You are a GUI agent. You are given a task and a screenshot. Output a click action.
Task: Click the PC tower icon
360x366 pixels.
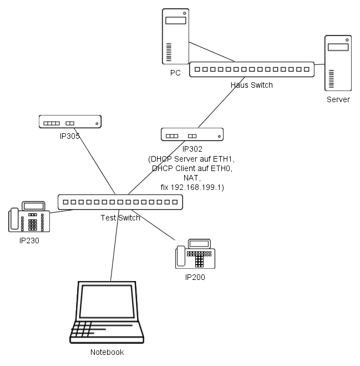(x=175, y=36)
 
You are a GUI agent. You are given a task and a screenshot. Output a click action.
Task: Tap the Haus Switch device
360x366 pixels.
(x=252, y=69)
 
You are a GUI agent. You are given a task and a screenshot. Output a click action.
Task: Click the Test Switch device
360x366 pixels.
(x=120, y=202)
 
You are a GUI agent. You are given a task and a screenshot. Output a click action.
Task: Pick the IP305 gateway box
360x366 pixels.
(x=70, y=122)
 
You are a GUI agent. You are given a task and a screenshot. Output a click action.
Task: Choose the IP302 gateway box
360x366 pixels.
(x=192, y=135)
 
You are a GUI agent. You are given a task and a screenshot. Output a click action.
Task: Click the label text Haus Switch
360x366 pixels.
(x=252, y=85)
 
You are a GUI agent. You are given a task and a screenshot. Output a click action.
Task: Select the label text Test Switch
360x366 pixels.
(x=120, y=218)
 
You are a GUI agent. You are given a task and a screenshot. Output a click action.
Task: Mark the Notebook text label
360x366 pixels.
(x=107, y=352)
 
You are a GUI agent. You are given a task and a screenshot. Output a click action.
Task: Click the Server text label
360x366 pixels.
(x=338, y=99)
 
